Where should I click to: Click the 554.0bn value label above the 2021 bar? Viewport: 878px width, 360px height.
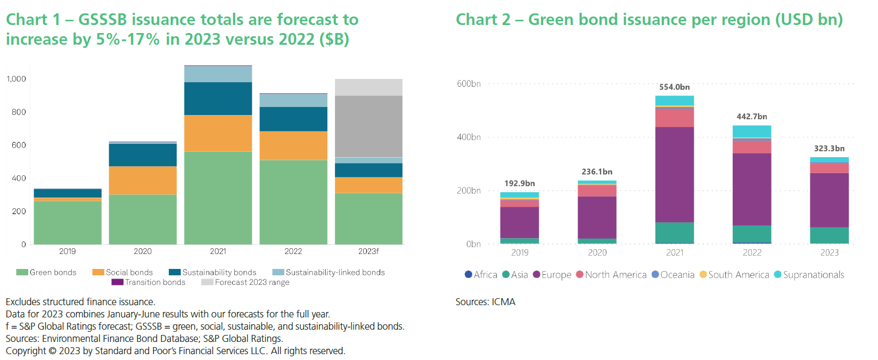674,87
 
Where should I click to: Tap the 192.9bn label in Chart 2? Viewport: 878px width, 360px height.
519,183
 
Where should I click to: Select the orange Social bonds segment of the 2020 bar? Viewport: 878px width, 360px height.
143,181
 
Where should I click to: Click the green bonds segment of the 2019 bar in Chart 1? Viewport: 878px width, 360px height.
68,222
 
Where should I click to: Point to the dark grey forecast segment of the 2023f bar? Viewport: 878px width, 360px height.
368,126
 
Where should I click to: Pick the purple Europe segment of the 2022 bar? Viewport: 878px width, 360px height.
751,189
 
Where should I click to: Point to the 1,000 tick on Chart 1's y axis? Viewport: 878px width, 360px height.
16,79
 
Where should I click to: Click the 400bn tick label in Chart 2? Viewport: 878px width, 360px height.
469,137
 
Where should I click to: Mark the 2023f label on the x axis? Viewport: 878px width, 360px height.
368,251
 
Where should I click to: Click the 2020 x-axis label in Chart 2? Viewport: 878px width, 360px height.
597,252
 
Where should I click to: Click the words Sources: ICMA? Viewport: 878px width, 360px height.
485,302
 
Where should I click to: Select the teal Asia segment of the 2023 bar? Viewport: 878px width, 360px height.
829,235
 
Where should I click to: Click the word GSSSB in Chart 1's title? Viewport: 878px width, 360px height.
102,20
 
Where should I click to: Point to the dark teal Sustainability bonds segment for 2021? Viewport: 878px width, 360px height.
218,99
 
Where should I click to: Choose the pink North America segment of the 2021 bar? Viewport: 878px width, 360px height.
674,117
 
